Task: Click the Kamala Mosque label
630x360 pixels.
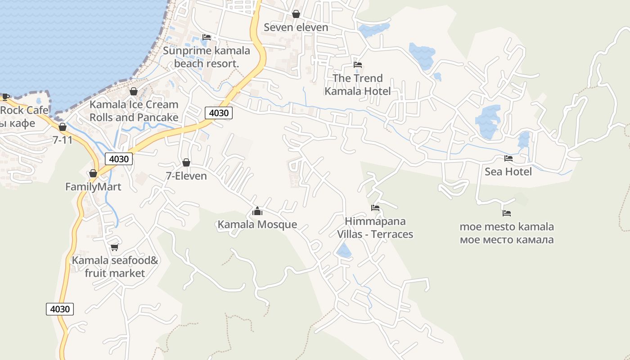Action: (257, 225)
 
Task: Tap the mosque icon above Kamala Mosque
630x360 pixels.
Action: (257, 211)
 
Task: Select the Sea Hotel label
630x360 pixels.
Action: (508, 172)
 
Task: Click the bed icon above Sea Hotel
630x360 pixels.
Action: (508, 158)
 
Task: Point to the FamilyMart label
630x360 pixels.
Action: (93, 187)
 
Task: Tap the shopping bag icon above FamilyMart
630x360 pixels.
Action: (93, 173)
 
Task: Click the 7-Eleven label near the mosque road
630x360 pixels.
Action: (186, 176)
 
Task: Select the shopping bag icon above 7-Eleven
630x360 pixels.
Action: (186, 162)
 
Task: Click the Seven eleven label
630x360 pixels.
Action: (296, 27)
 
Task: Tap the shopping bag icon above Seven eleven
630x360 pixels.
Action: (296, 14)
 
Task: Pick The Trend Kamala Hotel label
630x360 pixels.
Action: (358, 85)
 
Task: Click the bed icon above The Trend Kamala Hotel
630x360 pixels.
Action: (358, 65)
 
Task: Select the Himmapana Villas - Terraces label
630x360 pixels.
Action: (375, 228)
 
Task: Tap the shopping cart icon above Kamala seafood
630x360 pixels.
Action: (115, 247)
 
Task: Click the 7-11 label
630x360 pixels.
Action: (63, 140)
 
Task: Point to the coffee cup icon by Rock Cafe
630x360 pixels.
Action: (5, 96)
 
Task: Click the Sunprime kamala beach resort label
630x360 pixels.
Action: (207, 57)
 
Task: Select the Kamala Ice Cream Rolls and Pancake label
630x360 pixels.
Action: (134, 111)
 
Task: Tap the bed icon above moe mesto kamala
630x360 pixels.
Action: (507, 213)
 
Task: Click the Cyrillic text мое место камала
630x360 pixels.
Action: (507, 240)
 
